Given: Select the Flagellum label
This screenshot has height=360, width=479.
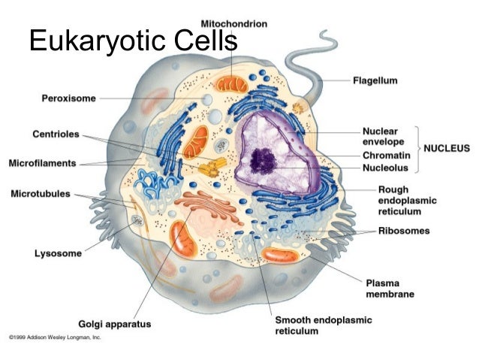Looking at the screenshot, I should click(x=375, y=79).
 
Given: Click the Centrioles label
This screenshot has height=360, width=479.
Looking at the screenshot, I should click(x=56, y=135).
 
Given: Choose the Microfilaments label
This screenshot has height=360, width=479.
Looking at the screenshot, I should click(x=45, y=162).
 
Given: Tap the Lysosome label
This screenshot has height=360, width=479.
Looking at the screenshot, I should click(x=58, y=253).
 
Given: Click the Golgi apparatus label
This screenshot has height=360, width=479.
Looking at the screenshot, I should click(x=115, y=325).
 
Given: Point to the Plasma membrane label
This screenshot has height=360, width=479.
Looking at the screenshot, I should click(x=390, y=289).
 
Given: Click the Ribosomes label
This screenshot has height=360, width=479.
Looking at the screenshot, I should click(x=404, y=231).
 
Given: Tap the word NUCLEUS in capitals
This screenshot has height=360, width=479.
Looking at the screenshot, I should click(x=448, y=148).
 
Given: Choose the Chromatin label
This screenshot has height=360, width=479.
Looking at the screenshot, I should click(x=386, y=156).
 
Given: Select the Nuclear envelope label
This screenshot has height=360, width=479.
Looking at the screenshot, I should click(x=384, y=135).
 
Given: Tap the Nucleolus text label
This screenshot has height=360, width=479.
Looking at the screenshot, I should click(x=385, y=168).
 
